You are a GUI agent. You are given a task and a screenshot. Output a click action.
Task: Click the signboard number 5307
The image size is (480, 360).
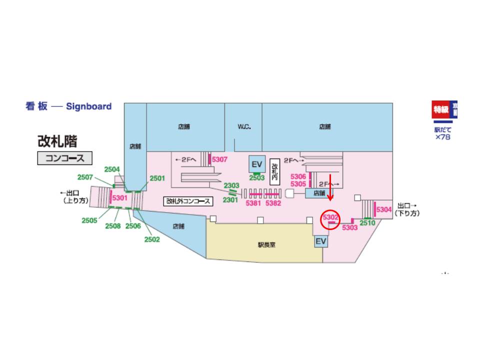(x=220, y=159)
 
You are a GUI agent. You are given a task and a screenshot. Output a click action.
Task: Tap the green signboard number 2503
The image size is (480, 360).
(x=257, y=178)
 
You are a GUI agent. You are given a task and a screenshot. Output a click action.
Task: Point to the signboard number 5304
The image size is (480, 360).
(x=384, y=209)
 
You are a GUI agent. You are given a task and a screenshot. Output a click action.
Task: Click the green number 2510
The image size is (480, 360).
(x=367, y=222)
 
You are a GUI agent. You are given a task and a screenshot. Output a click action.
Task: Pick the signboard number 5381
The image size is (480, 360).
(x=253, y=203)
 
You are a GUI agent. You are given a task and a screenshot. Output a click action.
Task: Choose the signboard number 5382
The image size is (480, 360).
(x=273, y=203)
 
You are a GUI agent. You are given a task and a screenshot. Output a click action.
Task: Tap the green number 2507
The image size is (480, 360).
(x=85, y=177)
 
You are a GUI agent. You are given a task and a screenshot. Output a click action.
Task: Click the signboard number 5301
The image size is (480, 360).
(x=120, y=198)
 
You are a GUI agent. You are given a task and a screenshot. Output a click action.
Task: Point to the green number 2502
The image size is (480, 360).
(x=152, y=239)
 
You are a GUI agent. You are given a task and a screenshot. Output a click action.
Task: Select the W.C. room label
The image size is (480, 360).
(x=244, y=127)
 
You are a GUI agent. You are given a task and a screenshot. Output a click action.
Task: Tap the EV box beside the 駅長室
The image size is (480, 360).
(x=320, y=242)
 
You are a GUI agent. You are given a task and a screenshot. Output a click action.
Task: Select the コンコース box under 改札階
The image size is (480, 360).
(x=65, y=158)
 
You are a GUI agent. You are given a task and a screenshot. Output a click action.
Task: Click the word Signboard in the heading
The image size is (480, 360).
(x=88, y=106)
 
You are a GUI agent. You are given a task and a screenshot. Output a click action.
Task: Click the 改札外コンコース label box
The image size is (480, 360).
(x=188, y=201)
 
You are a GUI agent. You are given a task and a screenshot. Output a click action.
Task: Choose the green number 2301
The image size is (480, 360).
(x=230, y=200)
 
